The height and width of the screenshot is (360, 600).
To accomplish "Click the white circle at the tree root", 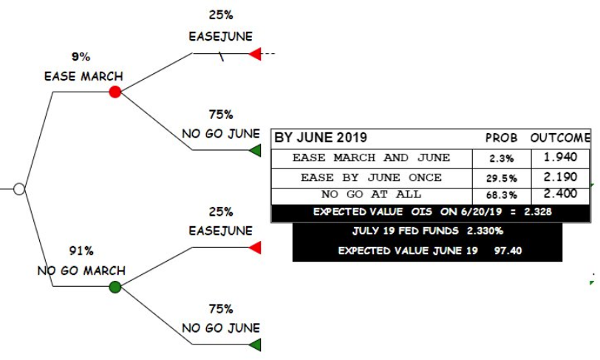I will [19, 189].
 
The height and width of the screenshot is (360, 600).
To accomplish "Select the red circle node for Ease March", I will [115, 92].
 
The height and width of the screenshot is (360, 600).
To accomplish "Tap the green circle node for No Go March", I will [115, 287].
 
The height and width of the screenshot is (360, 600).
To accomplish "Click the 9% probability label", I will [81, 57].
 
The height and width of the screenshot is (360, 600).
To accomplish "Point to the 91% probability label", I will [81, 251].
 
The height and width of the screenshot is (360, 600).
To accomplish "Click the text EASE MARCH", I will [83, 76].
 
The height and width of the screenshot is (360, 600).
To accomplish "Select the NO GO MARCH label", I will [81, 271].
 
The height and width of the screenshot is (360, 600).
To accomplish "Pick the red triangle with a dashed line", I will [255, 54].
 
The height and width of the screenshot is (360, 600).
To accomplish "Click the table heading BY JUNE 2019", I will [321, 138].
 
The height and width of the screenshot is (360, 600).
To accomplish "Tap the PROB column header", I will [501, 138].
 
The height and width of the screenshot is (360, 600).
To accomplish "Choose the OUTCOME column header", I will [560, 138].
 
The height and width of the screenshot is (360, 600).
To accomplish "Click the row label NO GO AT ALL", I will [371, 194].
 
